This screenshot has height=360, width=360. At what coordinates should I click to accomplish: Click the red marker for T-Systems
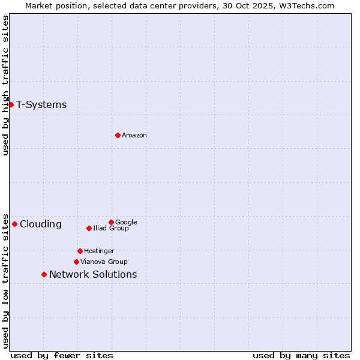click(x=11, y=104)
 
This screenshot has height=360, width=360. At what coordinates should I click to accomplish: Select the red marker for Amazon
click(x=118, y=135)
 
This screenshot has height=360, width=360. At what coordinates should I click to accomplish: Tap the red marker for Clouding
click(x=14, y=224)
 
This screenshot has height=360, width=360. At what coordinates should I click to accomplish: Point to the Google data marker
click(x=111, y=222)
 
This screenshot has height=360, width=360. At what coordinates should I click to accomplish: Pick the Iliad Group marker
click(x=89, y=228)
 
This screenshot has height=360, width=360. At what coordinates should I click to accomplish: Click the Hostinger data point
click(x=80, y=251)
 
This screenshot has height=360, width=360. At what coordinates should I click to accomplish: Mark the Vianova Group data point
click(x=76, y=262)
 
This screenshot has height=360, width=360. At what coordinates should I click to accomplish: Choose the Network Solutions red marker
click(x=44, y=274)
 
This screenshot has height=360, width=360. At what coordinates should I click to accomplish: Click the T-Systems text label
click(x=41, y=105)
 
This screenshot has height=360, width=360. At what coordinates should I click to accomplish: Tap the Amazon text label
click(x=134, y=136)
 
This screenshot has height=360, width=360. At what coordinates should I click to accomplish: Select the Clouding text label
click(x=40, y=224)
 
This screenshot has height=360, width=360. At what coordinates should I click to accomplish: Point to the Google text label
click(x=126, y=222)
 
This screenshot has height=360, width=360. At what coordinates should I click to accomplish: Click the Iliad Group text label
click(x=110, y=228)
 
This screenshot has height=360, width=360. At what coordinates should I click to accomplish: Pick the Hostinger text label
click(x=99, y=251)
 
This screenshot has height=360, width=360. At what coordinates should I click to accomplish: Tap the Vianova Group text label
click(x=104, y=262)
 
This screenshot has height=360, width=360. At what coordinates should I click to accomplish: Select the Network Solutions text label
click(x=93, y=275)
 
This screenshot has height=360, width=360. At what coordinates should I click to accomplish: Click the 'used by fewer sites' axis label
click(x=62, y=355)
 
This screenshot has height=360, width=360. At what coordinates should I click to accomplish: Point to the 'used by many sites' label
click(x=301, y=355)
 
